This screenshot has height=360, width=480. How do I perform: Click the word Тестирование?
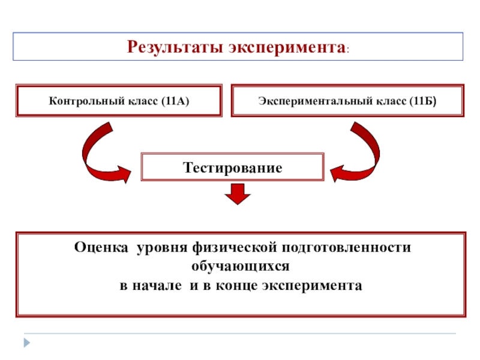click(x=233, y=167)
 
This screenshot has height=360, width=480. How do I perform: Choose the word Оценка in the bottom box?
click(x=101, y=247)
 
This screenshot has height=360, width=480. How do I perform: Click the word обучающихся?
click(x=241, y=265)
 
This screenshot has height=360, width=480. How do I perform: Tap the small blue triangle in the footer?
click(x=26, y=343)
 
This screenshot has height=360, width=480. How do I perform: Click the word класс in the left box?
click(x=142, y=100)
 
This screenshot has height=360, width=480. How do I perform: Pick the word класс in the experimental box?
click(x=391, y=100)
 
